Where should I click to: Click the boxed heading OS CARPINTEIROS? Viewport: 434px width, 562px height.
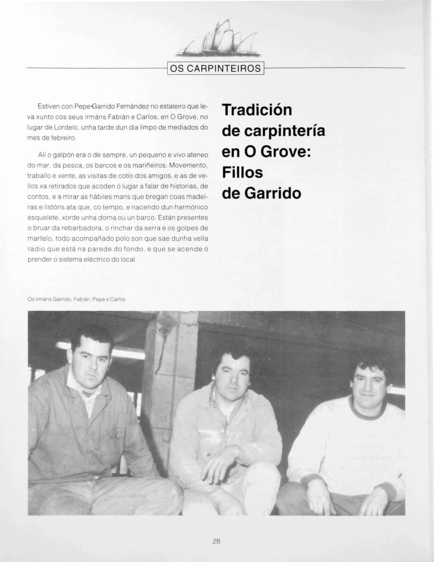[x=216, y=68]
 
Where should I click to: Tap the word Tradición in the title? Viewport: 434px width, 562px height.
[x=257, y=110]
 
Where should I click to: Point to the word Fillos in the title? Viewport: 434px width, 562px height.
[x=242, y=172]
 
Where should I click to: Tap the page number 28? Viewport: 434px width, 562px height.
[x=217, y=541]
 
